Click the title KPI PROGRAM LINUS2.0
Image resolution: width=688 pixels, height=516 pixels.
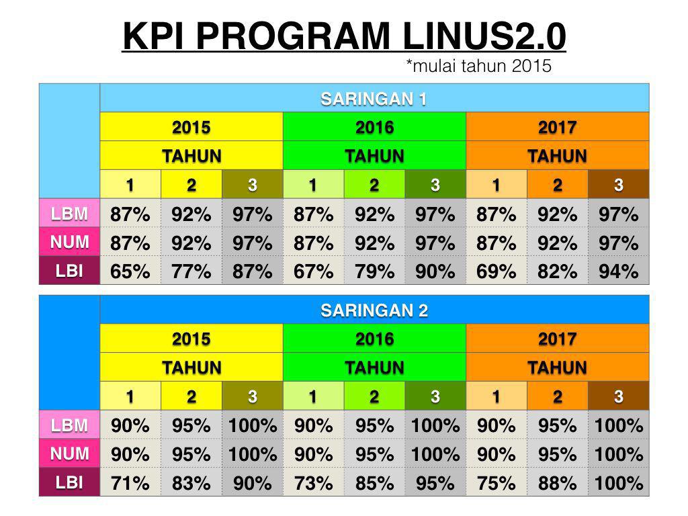click(344, 36)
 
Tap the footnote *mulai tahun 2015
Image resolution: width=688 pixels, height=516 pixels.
click(478, 66)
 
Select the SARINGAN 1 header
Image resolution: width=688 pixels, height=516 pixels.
click(374, 99)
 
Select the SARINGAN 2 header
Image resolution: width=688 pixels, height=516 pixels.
click(374, 310)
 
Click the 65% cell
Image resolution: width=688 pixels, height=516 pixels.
click(130, 271)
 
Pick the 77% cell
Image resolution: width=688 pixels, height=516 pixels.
click(191, 271)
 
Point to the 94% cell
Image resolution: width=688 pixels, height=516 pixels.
click(618, 271)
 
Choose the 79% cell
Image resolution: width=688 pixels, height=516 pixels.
click(374, 271)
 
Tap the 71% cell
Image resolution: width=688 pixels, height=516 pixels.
click(130, 483)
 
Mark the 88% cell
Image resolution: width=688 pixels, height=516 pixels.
click(557, 483)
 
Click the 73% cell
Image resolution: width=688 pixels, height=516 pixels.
click(313, 483)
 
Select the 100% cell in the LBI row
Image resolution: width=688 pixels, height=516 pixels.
click(618, 483)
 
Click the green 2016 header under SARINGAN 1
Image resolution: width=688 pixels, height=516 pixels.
click(374, 127)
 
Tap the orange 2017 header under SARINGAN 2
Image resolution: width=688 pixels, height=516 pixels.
click(557, 339)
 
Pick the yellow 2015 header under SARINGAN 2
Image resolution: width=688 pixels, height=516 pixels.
click(191, 339)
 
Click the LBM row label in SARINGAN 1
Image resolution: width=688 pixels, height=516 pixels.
click(70, 214)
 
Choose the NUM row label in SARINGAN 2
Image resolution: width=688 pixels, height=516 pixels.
click(70, 454)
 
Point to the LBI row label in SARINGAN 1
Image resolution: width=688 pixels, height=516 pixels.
click(70, 271)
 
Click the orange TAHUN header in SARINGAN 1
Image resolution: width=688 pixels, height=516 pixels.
click(557, 156)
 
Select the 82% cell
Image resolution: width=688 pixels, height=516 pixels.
click(557, 271)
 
